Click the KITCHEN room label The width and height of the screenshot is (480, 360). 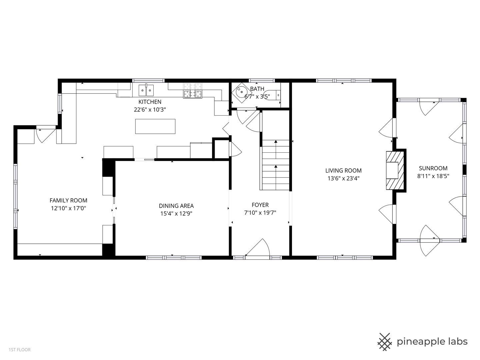coord(150,102)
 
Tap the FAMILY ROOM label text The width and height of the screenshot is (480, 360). coord(68,200)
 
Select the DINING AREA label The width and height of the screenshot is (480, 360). coord(176,206)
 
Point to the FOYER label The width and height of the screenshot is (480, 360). coord(260,205)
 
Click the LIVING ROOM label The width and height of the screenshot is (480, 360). coord(343,170)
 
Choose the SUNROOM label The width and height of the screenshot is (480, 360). coord(433,168)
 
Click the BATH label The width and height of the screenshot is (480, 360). coord(257,89)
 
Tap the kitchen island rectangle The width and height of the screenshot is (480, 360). coord(155,126)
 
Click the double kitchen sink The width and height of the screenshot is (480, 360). coord(146,90)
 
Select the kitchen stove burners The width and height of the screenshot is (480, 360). coord(193,90)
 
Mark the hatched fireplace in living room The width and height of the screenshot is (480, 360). coord(395,170)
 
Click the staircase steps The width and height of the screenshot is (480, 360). coord(276,165)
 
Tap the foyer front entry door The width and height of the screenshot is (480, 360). coord(257,248)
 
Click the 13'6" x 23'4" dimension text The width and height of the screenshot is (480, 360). coord(343,179)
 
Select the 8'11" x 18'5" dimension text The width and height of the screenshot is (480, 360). coord(433,176)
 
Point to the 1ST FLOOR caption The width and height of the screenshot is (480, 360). coord(20,350)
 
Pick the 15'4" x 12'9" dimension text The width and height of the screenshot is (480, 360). coord(176,214)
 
